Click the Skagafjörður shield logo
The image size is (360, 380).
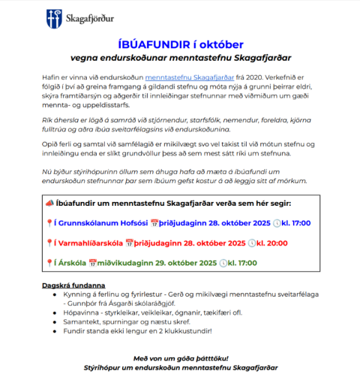[51, 16]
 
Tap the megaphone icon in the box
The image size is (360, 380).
[49, 203]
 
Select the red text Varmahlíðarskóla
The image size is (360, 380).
[89, 243]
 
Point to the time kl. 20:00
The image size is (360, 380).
[274, 243]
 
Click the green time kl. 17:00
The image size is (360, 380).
[243, 263]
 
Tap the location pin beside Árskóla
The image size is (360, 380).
[49, 263]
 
